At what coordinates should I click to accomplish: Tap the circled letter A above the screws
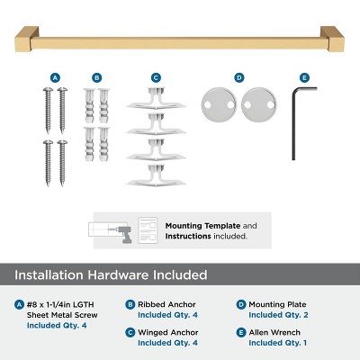click(x=55, y=77)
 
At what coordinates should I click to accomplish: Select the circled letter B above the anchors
click(x=97, y=77)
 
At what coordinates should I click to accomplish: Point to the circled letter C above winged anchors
click(x=156, y=77)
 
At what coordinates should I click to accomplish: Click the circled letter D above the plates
click(x=239, y=77)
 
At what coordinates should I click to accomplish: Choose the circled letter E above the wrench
click(x=304, y=77)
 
